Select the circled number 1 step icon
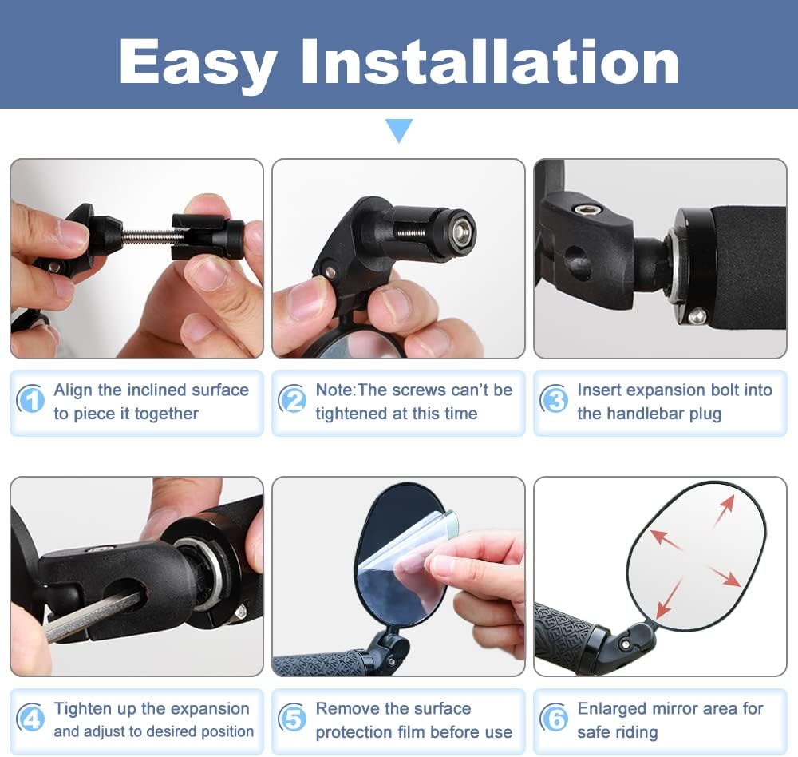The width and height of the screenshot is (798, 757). click(30, 400)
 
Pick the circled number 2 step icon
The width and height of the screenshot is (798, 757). click(292, 400)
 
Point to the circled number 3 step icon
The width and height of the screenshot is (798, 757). click(554, 400)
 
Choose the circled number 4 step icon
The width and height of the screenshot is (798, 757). click(30, 719)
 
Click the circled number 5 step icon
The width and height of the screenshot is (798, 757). click(292, 719)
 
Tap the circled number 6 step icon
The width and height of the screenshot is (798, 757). click(554, 719)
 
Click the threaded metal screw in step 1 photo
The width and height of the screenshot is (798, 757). click(148, 235)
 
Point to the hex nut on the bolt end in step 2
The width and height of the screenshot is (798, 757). click(461, 232)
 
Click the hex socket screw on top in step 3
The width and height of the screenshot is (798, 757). click(587, 209)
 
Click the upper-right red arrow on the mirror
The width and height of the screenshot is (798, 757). click(725, 510)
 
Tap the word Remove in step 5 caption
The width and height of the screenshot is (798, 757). click(348, 708)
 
